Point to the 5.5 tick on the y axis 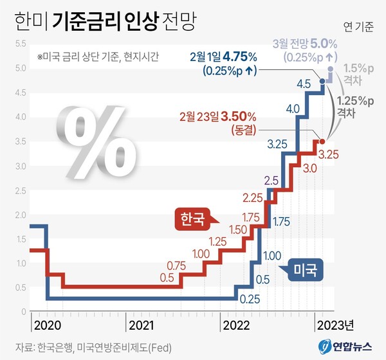tap(19, 44)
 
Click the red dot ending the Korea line tap(323, 141)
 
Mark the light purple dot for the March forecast tap(331, 68)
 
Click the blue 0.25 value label tap(249, 299)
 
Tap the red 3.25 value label tap(329, 154)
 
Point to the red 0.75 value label tap(176, 265)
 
